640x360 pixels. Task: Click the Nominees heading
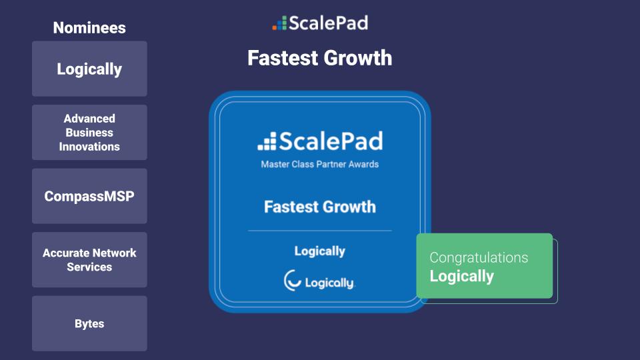click(89, 28)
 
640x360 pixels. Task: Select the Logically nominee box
click(89, 69)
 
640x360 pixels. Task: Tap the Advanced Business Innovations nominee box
click(89, 132)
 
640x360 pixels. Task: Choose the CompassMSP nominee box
click(89, 196)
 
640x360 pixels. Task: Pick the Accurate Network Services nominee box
click(89, 260)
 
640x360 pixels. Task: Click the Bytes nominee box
click(89, 324)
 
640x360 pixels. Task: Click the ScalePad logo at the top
click(320, 23)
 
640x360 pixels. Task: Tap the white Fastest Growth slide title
click(320, 58)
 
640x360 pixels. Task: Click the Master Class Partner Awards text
click(320, 164)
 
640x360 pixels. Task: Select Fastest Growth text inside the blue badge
click(320, 207)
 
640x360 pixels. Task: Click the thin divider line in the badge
click(320, 231)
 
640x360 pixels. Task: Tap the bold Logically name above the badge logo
click(320, 251)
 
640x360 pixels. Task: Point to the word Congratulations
click(479, 257)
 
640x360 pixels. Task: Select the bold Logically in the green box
click(461, 276)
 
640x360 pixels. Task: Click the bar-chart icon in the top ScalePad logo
click(279, 23)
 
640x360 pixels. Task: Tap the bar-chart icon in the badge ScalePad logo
click(267, 141)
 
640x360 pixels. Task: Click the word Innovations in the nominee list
click(89, 147)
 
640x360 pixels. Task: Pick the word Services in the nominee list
click(89, 267)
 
